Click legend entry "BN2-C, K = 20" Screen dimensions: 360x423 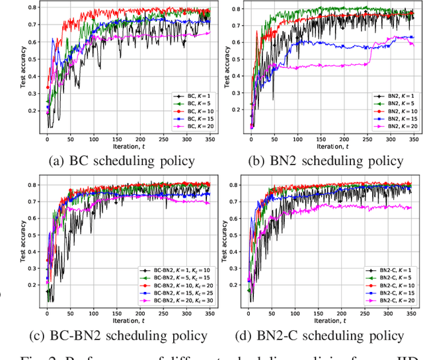pyautogui.click(x=395, y=301)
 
